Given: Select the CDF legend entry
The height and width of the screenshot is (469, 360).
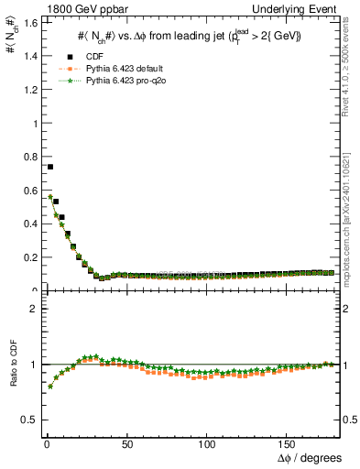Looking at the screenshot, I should point(91,56).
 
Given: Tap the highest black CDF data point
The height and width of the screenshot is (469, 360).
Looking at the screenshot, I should point(49,167).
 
